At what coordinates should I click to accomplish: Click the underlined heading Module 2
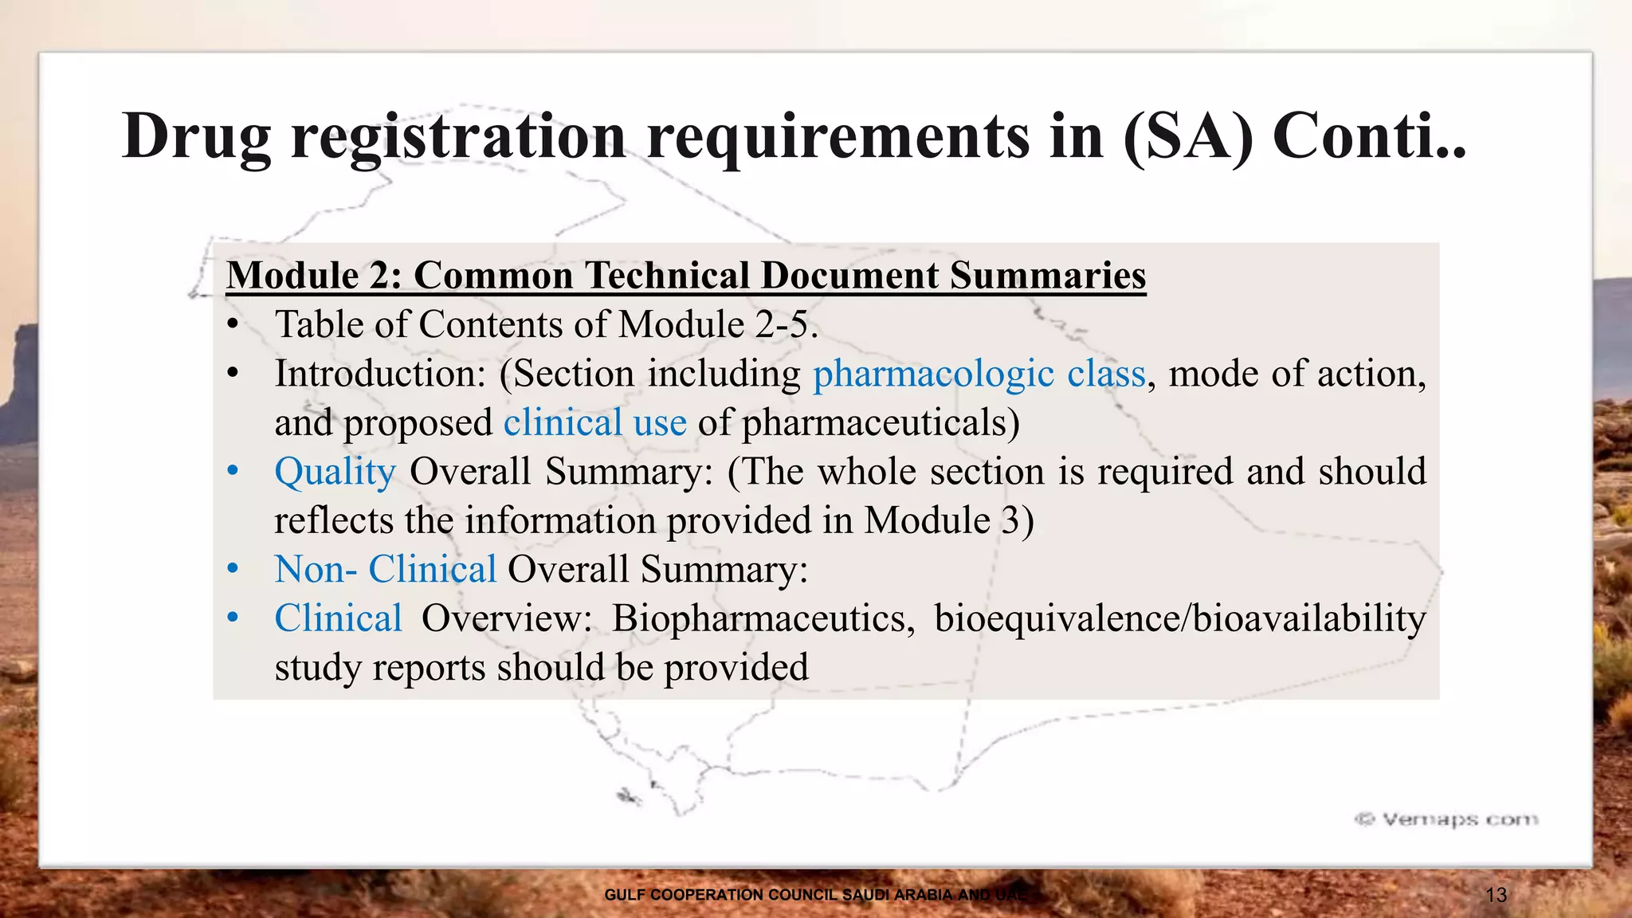point(315,276)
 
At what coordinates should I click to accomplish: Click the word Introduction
point(379,374)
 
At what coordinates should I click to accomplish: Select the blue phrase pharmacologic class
point(979,374)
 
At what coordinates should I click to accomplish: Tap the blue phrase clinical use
point(594,423)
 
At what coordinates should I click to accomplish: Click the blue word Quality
point(335,472)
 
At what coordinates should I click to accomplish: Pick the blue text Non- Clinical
point(385,570)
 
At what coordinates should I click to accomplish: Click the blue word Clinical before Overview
point(338,618)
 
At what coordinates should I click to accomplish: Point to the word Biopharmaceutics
point(763,618)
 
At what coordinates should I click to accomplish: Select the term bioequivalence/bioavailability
point(1179,618)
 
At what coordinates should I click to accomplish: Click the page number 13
point(1496,895)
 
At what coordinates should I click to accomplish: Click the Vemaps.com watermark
point(1446,819)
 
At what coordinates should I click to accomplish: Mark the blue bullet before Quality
point(233,472)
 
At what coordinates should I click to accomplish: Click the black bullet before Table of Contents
point(233,325)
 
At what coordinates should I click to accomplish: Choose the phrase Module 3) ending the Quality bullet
point(949,521)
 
